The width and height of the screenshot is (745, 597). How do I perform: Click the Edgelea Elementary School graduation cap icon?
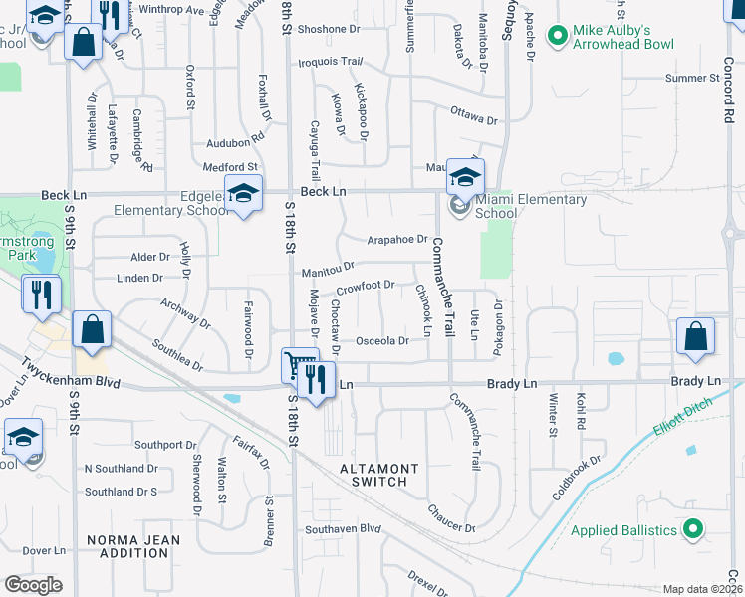[242, 194]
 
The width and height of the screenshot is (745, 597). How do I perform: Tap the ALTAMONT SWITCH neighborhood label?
[373, 475]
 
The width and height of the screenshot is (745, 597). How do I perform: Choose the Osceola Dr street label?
[382, 341]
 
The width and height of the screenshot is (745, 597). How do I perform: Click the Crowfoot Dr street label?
[367, 288]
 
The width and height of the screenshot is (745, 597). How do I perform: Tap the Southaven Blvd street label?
[344, 529]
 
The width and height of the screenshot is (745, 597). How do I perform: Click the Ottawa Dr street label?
[473, 114]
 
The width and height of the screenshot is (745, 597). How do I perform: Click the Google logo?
[33, 585]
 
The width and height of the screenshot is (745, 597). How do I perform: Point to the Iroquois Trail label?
[330, 62]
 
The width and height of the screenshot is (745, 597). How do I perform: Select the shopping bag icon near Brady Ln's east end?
[695, 337]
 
